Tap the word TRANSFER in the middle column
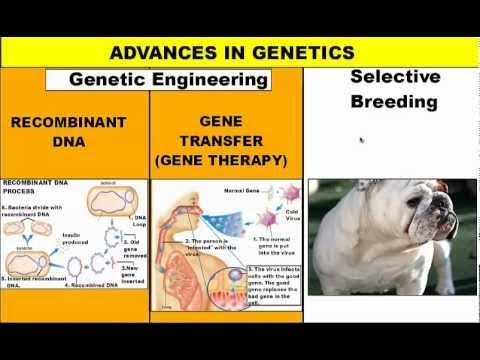[220, 140]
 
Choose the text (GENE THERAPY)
[220, 159]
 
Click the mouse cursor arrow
[361, 141]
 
